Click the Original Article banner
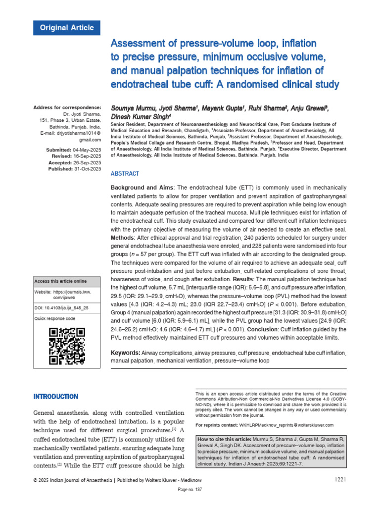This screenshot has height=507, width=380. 66,28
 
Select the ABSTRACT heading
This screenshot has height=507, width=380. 125,174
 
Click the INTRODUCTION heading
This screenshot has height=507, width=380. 55,397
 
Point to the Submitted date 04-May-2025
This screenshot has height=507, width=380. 87,150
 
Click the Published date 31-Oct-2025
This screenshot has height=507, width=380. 88,169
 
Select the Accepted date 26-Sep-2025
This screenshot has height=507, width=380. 88,162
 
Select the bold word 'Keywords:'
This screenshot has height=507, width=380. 126,352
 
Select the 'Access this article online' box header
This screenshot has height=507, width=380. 60,281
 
